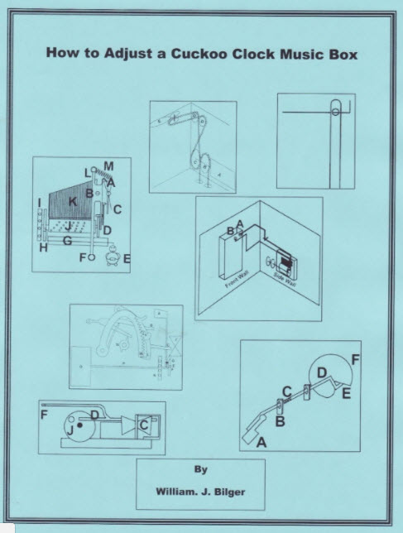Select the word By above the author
200,468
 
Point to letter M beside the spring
109,166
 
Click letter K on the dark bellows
73,201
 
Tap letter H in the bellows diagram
43,247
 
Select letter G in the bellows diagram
69,240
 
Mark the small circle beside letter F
91,257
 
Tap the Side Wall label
279,281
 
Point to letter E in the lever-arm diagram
346,393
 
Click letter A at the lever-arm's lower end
263,444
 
